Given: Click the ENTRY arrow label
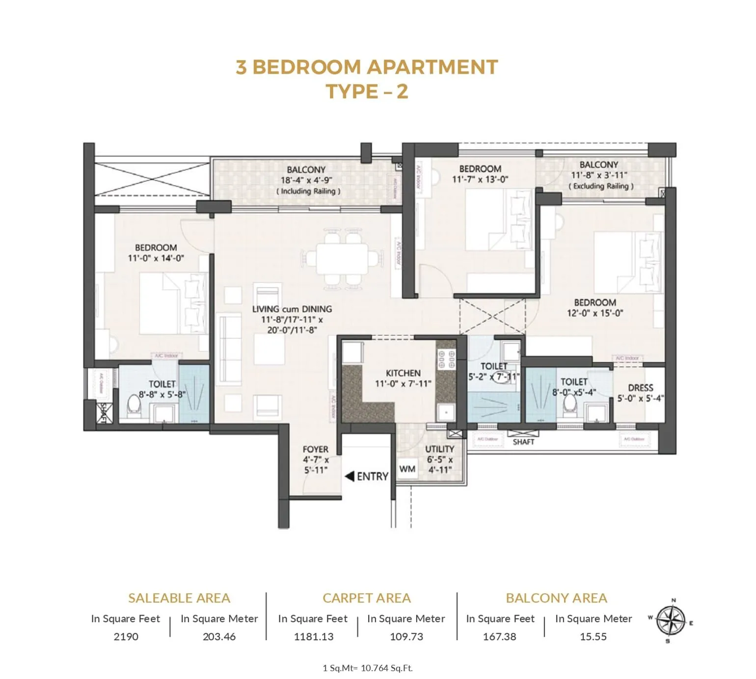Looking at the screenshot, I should coord(367,476).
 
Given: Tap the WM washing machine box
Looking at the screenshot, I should coord(407,469).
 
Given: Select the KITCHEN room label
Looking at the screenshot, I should coord(403,373).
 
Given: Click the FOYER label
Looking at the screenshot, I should coord(315,449).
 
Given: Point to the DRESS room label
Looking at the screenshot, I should coord(640,388).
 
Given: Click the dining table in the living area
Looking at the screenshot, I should coord(342,258).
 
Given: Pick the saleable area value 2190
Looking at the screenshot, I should coord(126,637).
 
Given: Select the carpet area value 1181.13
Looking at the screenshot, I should coord(313,637).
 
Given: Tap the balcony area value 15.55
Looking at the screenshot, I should coord(593,637).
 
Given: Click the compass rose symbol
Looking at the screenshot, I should coord(671,620).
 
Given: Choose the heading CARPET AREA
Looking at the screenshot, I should coord(366,598).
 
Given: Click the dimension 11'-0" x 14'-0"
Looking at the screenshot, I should coord(156,258).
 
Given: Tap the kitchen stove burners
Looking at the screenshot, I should coord(446,359).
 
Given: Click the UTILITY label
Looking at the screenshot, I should coord(439,449).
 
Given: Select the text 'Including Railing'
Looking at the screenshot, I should coord(308,191).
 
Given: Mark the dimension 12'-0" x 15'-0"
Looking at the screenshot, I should coord(595,313).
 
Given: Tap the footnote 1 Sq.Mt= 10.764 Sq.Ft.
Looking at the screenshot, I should coord(367,668).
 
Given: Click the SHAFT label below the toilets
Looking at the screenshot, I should coord(523,442).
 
